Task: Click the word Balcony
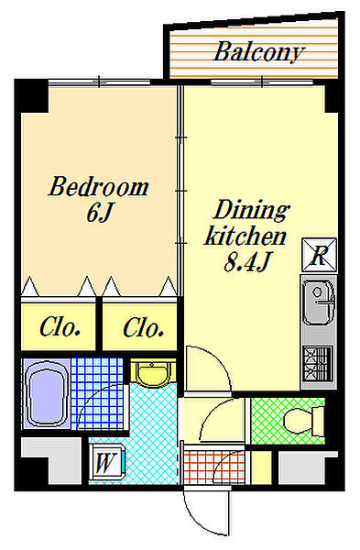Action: [x=258, y=52]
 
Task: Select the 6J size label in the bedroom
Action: [x=100, y=213]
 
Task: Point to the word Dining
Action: [x=251, y=211]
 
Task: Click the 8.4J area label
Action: [x=247, y=261]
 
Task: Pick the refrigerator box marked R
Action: [x=319, y=255]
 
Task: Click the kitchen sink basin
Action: [x=319, y=302]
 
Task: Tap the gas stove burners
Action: [x=318, y=363]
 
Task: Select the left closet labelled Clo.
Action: [x=59, y=327]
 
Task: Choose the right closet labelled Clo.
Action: [x=140, y=327]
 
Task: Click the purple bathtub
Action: [x=46, y=393]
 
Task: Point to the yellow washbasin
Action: [x=152, y=374]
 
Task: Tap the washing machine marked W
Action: [x=106, y=462]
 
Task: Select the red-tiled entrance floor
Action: [x=213, y=467]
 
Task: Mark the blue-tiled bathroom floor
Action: [x=97, y=393]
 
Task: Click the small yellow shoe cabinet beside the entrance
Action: [x=261, y=467]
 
